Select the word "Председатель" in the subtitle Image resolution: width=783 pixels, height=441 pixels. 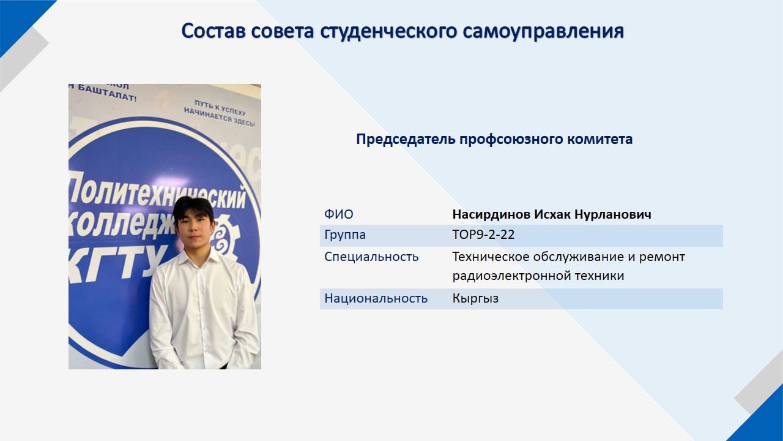pyautogui.click(x=406, y=139)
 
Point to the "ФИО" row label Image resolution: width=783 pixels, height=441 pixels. pyautogui.click(x=339, y=214)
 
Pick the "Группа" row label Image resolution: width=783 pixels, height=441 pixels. pyautogui.click(x=345, y=235)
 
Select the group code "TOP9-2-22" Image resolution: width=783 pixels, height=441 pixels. pyautogui.click(x=483, y=235)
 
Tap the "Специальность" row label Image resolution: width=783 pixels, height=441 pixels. pyautogui.click(x=371, y=257)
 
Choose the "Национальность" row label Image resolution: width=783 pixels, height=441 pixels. pyautogui.click(x=376, y=298)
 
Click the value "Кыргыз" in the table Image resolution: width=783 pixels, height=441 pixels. pyautogui.click(x=475, y=298)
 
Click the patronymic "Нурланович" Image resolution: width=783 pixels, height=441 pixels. pyautogui.click(x=613, y=214)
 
